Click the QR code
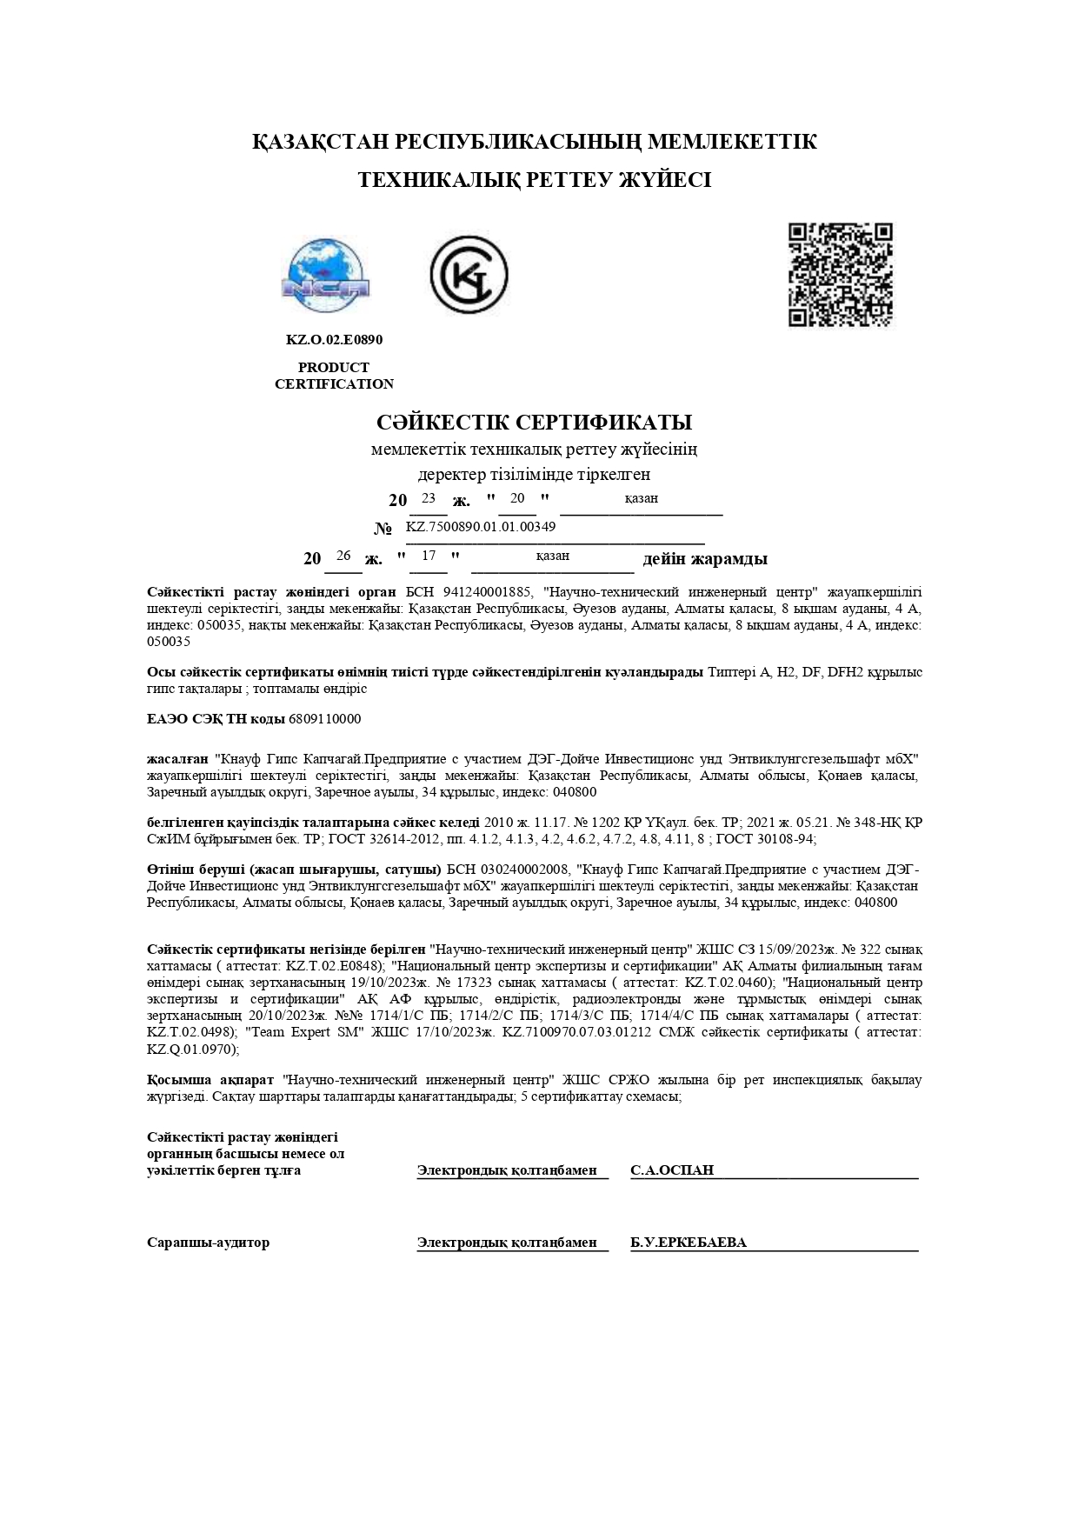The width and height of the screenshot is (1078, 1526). [840, 275]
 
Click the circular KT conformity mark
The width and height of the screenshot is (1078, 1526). [469, 275]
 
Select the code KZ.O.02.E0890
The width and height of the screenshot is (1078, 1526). [334, 340]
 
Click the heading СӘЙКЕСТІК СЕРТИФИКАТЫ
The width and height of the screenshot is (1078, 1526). [534, 423]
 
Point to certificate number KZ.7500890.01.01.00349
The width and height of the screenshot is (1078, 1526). [481, 527]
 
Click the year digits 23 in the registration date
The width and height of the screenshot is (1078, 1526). [428, 498]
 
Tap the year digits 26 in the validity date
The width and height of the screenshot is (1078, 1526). [343, 556]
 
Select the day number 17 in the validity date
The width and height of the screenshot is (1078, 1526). [428, 556]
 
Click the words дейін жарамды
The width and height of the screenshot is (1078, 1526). [704, 559]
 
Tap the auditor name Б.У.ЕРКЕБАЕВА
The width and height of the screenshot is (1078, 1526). [688, 1243]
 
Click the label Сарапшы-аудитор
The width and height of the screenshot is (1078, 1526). [208, 1243]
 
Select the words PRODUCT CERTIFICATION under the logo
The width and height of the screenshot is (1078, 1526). [334, 376]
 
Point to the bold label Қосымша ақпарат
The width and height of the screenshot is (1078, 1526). [210, 1080]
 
